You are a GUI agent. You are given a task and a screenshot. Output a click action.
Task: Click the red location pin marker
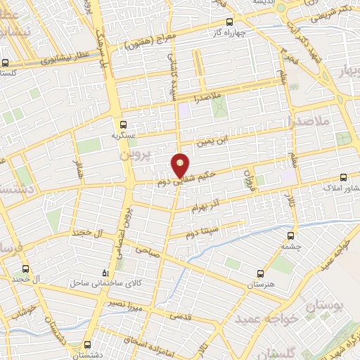coord(181,165)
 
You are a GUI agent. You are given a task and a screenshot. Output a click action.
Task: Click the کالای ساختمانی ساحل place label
coord(104,283)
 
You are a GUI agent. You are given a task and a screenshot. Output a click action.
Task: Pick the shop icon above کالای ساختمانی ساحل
coord(105,273)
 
